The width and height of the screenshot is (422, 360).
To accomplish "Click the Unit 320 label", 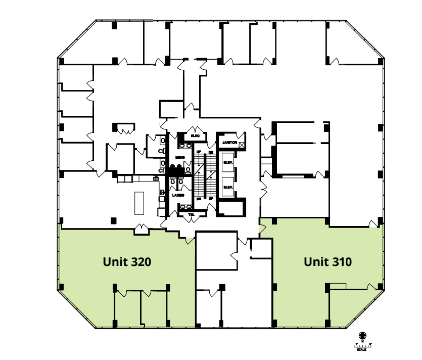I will tap(127, 262).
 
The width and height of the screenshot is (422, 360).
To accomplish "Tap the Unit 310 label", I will tap(327, 262).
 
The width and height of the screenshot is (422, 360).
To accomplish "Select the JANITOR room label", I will tap(229, 143).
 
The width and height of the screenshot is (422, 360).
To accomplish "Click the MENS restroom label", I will tap(180, 158).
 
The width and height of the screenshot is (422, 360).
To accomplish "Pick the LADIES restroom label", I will tap(178, 195).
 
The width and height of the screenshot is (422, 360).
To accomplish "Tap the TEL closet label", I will tap(192, 214).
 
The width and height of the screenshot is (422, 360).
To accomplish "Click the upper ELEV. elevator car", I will tap(227, 162).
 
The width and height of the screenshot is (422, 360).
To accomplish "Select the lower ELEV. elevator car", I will tap(227, 187).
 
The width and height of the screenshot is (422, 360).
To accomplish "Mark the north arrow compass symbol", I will tap(362, 336).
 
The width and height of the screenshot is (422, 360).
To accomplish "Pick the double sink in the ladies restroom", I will tap(184, 206).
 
